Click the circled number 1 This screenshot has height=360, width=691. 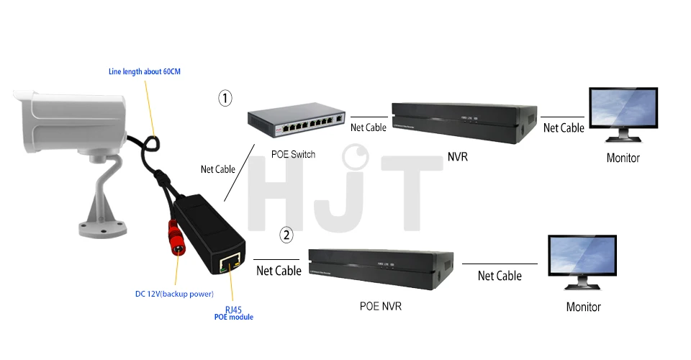[x=225, y=98]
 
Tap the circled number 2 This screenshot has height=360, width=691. [x=286, y=235]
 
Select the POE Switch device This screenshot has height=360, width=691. [x=296, y=120]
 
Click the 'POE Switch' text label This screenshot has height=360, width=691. [x=293, y=154]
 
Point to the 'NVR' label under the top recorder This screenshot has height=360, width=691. [x=458, y=157]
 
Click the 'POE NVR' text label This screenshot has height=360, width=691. [x=381, y=306]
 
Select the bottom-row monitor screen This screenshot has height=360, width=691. [x=582, y=256]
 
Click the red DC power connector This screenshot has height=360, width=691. [x=176, y=238]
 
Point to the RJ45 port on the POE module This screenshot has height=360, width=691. [x=230, y=263]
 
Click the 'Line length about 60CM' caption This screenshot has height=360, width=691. [x=145, y=71]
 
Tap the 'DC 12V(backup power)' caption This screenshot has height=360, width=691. [x=174, y=294]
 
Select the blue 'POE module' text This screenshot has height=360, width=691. [x=233, y=317]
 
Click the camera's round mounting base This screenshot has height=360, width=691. [x=102, y=229]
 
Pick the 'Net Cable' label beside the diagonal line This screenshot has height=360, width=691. [x=217, y=169]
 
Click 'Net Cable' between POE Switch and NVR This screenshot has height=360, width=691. [x=369, y=127]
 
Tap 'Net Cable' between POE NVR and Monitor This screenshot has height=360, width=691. [x=500, y=276]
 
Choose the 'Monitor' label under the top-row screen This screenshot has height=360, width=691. [x=623, y=158]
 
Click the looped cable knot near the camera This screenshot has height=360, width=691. [x=151, y=143]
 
